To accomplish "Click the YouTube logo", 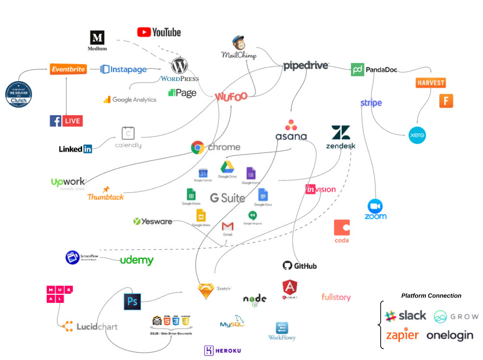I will [x=159, y=32].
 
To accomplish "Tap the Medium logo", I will [x=97, y=40].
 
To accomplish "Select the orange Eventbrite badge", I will [x=68, y=69].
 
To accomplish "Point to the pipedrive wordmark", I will [x=306, y=66].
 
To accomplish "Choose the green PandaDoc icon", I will [x=357, y=70].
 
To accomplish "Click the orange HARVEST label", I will [x=430, y=83].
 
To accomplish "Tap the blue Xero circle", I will [x=417, y=135].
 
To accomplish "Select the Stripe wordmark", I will [x=371, y=103].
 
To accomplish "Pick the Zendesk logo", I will [x=341, y=137].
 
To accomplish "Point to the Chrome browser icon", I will [x=198, y=147].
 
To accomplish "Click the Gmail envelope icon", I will [x=228, y=227].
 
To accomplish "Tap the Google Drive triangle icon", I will [x=228, y=168].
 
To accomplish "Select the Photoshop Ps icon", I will [x=132, y=301].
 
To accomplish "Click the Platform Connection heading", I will [x=431, y=296].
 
